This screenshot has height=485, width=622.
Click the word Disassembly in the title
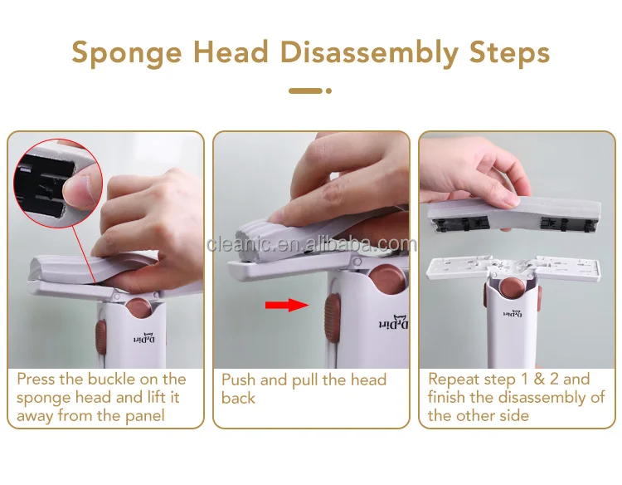coord(369,53)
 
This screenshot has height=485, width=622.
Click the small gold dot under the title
coord(328,91)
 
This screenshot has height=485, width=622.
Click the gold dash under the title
coord(305,91)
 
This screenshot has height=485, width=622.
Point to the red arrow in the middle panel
coord(287,305)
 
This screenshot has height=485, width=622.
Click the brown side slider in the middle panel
coord(333,318)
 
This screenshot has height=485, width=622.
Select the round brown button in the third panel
coord(513,288)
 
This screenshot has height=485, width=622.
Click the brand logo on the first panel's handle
coord(144,337)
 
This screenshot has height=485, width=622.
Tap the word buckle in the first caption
coord(111,379)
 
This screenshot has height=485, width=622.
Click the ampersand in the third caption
coord(539,379)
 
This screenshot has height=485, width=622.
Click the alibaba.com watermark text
coord(312,243)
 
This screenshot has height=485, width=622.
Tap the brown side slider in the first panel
coord(100,337)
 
